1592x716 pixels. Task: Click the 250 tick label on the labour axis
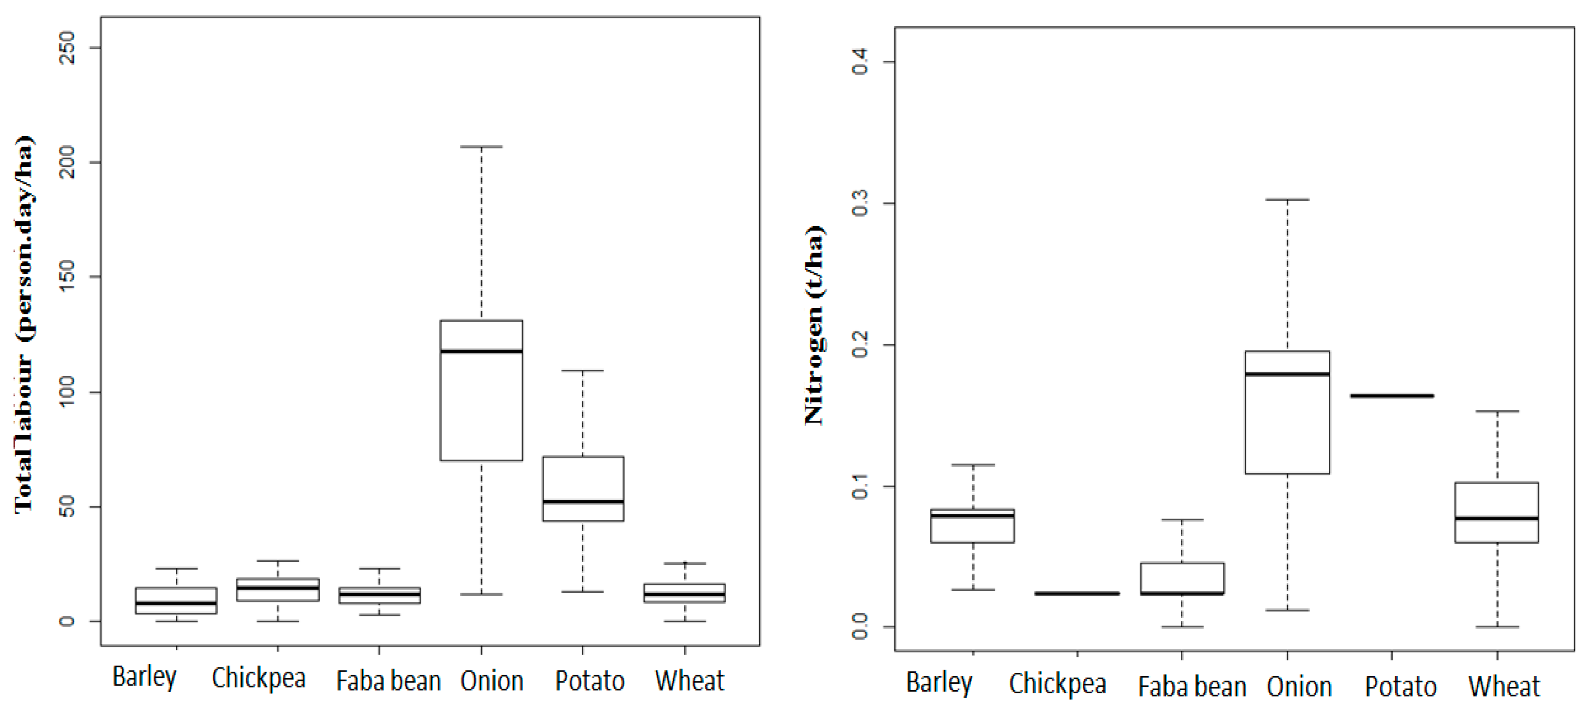66,48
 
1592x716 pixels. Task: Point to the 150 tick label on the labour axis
66,276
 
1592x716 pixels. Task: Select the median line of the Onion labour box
481,351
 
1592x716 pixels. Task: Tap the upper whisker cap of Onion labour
481,147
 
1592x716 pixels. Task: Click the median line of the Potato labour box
583,502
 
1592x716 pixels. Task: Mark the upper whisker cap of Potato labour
583,371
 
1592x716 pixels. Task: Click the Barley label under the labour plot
144,677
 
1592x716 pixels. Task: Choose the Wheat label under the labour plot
689,681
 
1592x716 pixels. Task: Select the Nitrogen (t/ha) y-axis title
815,325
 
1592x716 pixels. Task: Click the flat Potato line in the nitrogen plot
1392,396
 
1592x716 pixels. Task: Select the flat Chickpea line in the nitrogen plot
1077,594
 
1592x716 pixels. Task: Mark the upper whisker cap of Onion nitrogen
1287,200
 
